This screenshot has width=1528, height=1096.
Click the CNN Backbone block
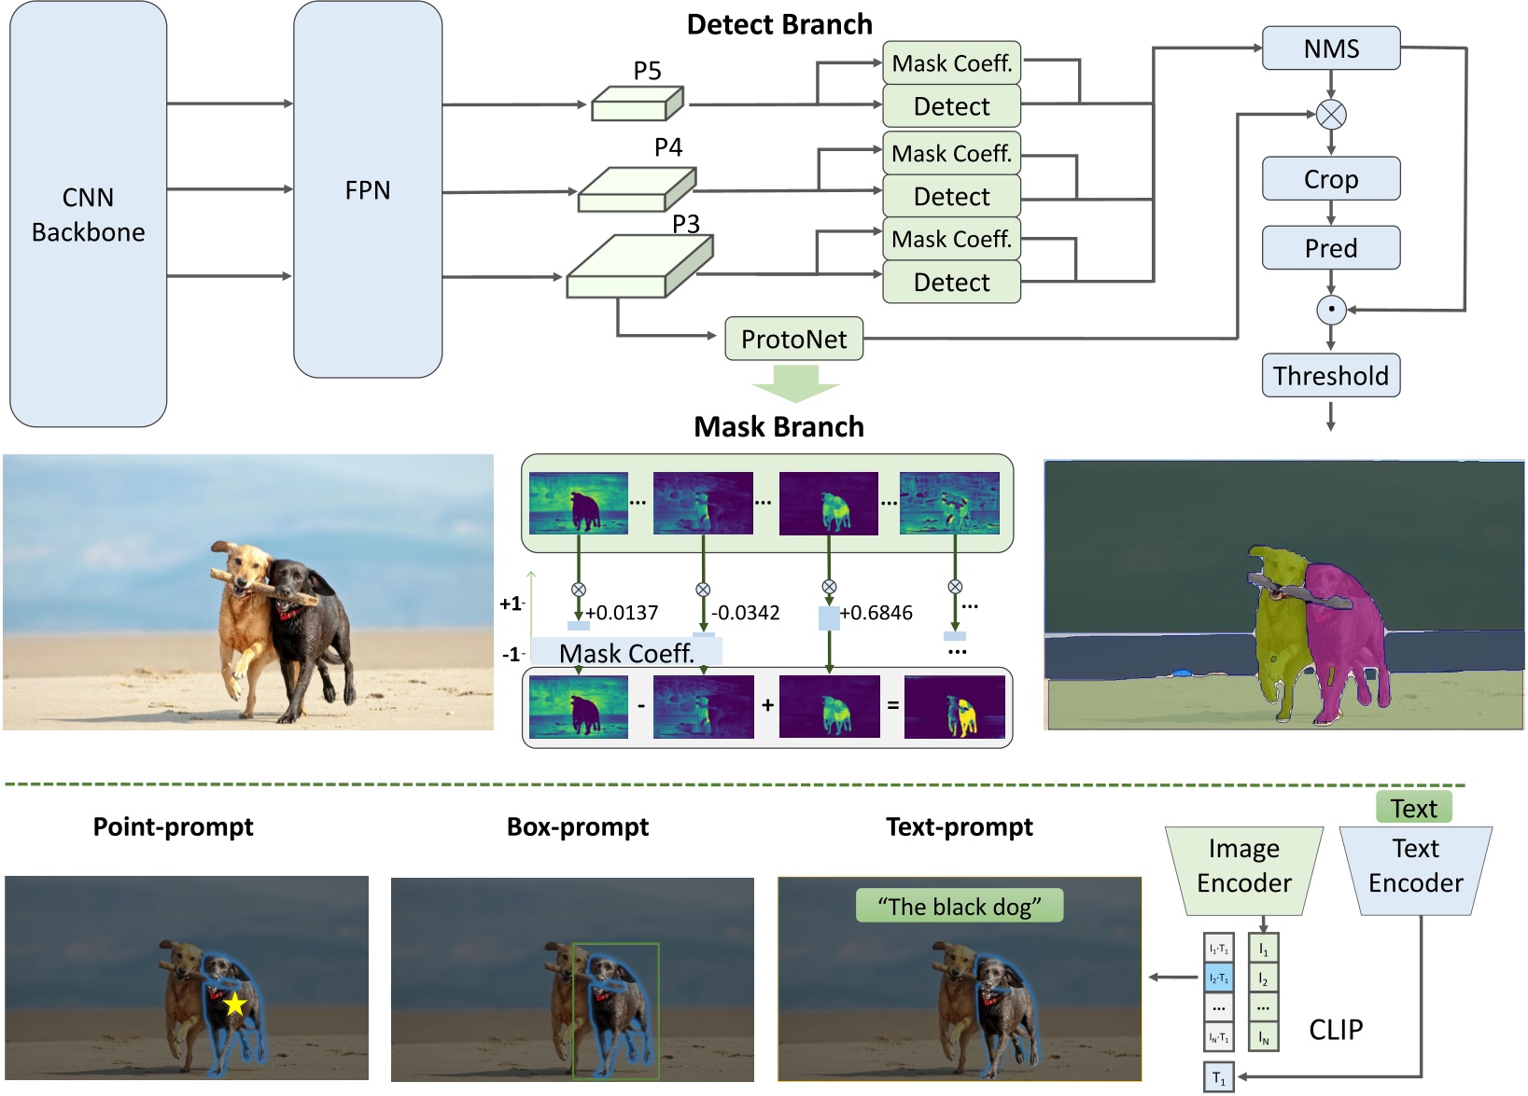click(x=88, y=215)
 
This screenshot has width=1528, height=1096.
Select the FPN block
click(x=368, y=190)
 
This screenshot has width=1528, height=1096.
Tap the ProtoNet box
click(x=793, y=339)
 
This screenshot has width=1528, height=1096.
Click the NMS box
click(x=1331, y=49)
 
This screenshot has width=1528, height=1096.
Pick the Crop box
click(x=1331, y=179)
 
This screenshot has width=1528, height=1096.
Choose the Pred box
click(x=1331, y=248)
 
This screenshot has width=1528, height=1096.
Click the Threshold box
click(x=1331, y=376)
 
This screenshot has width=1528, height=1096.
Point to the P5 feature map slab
click(x=637, y=104)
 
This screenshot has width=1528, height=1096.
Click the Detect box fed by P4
click(x=951, y=197)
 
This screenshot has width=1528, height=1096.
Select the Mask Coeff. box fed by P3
click(x=951, y=240)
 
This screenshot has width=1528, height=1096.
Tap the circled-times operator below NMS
click(x=1331, y=115)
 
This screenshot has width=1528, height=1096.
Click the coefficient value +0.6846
click(x=876, y=613)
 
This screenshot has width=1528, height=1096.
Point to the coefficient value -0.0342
click(x=745, y=613)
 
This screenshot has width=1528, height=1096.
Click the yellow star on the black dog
click(x=234, y=1005)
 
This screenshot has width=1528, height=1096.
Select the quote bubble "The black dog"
click(x=960, y=907)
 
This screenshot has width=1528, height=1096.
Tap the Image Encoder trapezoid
click(x=1244, y=866)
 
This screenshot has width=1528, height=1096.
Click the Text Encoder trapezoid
click(x=1415, y=866)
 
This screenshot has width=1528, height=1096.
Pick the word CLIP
click(x=1336, y=1030)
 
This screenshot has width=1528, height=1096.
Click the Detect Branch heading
click(x=779, y=24)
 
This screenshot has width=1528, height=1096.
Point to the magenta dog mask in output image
click(x=1344, y=634)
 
